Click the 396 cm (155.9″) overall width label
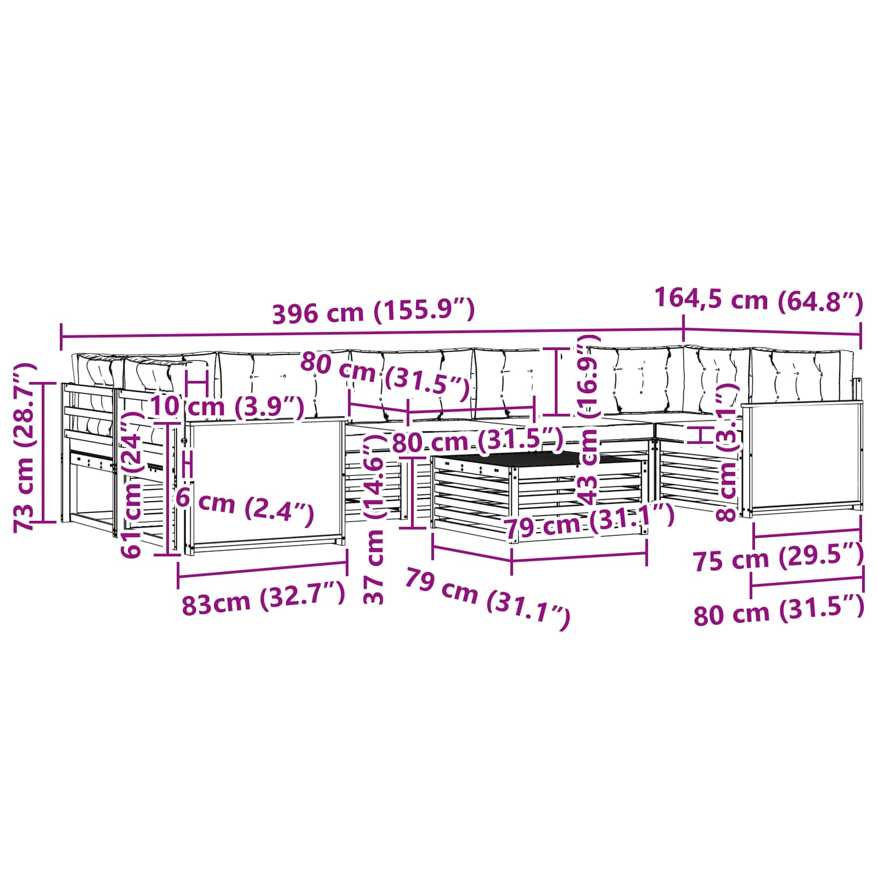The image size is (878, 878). pos(373,311)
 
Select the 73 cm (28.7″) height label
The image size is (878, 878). pos(25,447)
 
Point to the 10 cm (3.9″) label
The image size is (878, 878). pos(227,407)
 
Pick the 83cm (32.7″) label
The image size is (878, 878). pos(263,599)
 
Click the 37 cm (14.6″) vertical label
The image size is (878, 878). pos(375,519)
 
